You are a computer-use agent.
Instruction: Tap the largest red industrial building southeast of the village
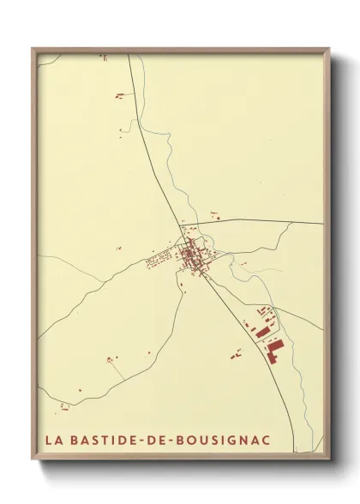coord(274,349)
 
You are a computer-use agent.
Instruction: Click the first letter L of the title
coord(49,441)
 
